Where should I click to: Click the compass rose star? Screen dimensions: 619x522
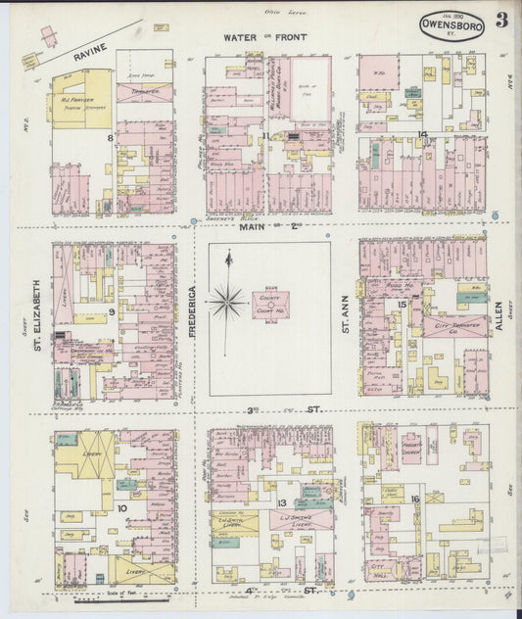(x=227, y=301)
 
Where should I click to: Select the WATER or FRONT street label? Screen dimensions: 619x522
(x=264, y=37)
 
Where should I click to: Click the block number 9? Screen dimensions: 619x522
(x=113, y=312)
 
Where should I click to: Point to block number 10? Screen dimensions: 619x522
(x=121, y=507)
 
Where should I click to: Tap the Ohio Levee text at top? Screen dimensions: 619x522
(x=279, y=11)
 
